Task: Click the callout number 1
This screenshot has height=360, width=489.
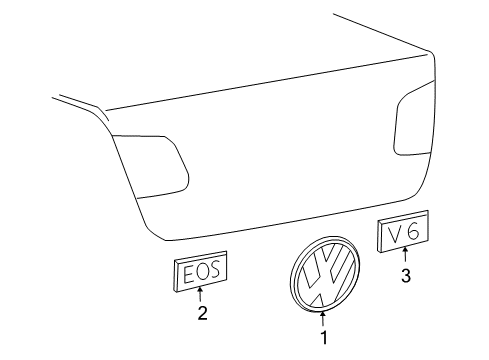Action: pos(324,337)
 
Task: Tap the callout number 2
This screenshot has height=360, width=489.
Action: pos(202,313)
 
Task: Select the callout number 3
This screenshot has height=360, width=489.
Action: pos(406,276)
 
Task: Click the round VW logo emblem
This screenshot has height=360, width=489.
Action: pos(325,275)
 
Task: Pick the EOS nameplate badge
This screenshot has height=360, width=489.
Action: pos(200,271)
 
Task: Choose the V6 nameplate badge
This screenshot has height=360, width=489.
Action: pos(403,231)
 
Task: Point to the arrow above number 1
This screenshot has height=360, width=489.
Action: pos(323,318)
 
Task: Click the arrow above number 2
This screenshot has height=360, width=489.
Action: pos(200,294)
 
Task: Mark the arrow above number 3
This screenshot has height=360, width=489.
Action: pos(405,255)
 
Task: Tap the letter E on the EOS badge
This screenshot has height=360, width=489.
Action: pos(188,275)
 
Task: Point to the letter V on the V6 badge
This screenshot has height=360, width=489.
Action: pos(395,234)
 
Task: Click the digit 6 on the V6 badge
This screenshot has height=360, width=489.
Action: pos(413,231)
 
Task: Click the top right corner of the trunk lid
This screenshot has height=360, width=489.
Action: pos(431,53)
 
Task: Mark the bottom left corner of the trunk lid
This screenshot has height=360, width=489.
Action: pos(166,240)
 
